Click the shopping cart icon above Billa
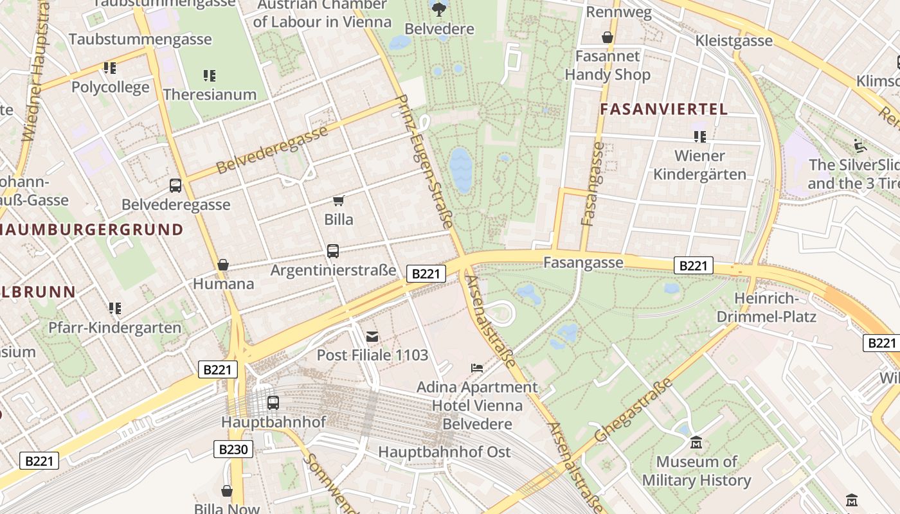339,200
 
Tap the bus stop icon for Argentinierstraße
332,251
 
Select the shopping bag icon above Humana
223,265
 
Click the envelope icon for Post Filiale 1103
372,336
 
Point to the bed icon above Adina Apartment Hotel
476,368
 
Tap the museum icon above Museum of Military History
696,443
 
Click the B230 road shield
233,449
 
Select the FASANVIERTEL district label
663,109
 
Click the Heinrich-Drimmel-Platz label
766,308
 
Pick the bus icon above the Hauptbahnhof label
273,403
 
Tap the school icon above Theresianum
209,76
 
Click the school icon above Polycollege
110,67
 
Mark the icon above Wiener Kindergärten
699,136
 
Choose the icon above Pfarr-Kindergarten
115,308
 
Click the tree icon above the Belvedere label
440,9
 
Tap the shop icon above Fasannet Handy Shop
607,37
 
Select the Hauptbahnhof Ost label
444,452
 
